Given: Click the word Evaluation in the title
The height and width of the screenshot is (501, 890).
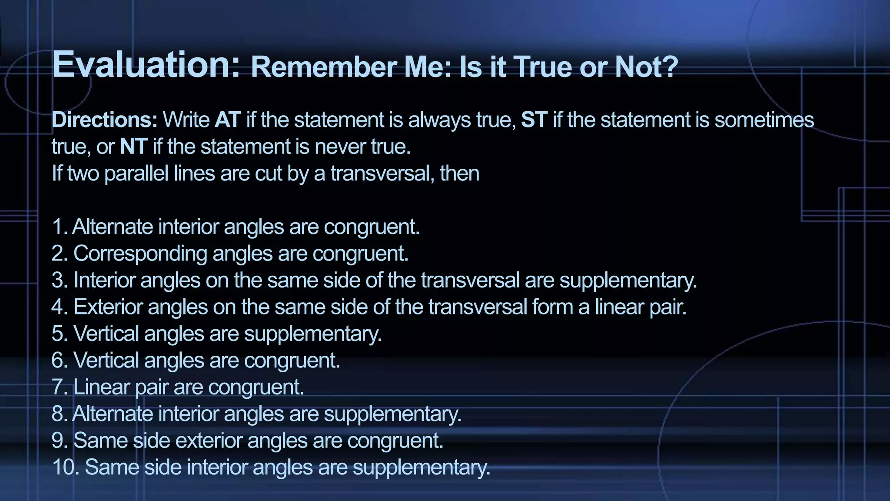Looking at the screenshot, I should pos(146,64).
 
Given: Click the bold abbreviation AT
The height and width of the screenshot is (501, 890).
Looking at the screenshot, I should pos(227,120).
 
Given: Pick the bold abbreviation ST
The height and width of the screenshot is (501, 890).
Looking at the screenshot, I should pos(534,120).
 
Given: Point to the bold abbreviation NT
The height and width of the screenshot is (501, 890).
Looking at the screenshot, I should pos(133,147).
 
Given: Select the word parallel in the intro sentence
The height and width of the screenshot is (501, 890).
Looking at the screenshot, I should pos(136,173).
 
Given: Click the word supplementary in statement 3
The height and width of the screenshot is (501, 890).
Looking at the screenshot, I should pos(628,280).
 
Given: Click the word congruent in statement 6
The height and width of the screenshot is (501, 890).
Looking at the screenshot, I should pos(292,361).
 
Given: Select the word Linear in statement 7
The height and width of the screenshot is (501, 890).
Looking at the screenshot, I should pos(101,387).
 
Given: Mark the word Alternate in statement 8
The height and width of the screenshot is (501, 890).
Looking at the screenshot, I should pos(113,414).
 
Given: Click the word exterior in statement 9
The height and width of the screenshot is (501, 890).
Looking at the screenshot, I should pos(209,441).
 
